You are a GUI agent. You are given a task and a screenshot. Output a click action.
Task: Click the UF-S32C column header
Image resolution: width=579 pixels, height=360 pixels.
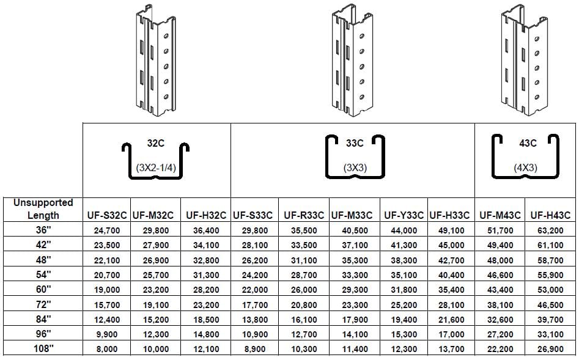(x=107, y=215)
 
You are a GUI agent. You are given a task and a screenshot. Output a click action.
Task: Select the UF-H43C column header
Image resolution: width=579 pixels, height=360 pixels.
(x=550, y=215)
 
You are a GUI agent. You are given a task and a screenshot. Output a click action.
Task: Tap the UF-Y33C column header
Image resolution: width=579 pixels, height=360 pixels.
(x=404, y=215)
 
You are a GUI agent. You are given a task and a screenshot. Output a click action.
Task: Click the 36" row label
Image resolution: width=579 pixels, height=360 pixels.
(x=43, y=230)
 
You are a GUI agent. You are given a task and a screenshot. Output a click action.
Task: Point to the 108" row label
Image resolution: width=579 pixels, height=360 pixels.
(x=43, y=348)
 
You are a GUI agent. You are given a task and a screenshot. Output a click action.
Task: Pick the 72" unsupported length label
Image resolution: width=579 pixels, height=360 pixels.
(x=43, y=304)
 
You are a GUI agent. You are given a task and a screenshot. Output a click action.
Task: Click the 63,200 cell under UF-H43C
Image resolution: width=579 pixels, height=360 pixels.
(x=550, y=230)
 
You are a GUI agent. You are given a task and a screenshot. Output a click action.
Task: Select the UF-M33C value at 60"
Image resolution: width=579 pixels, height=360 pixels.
(x=355, y=290)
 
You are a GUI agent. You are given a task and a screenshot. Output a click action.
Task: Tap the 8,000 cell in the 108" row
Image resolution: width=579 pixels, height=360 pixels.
(x=107, y=349)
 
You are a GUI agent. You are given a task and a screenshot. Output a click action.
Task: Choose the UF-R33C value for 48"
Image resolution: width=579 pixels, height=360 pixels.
(x=304, y=260)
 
